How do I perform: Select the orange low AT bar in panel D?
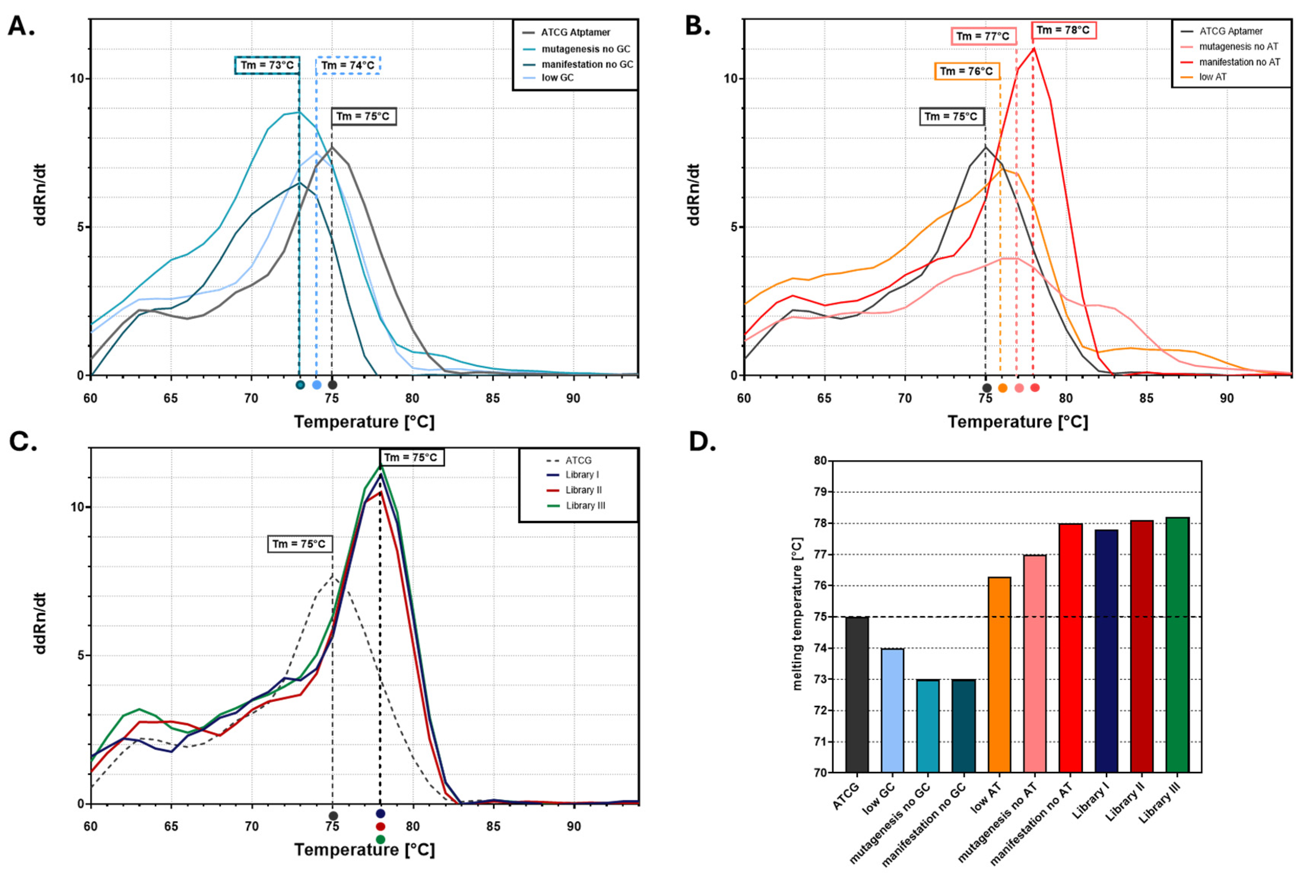pos(999,674)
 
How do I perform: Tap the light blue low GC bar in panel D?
pos(892,710)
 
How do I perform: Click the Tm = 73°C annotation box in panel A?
pos(268,65)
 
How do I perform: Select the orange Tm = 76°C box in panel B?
pos(966,71)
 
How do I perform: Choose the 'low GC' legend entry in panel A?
pos(557,78)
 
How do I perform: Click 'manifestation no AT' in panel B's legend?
pos(1240,62)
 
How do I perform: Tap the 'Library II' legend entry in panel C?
pos(584,490)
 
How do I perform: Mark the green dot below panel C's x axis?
pos(380,839)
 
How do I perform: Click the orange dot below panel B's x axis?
pos(1002,388)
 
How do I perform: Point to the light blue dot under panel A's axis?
pos(317,385)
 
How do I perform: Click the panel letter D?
pos(702,442)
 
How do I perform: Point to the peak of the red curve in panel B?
pos(1034,49)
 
